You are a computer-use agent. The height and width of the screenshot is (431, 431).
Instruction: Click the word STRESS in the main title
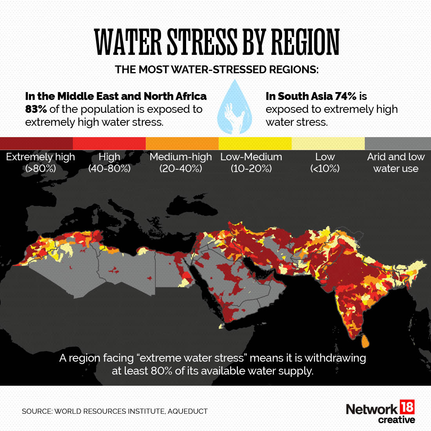coord(202,42)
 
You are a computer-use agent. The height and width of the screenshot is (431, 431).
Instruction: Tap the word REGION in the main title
coord(305,42)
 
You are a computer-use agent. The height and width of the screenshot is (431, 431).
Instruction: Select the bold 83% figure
coord(36,109)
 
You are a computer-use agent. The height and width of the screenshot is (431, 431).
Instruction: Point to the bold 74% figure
coord(346,96)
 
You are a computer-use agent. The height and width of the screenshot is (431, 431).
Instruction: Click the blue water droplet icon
coord(234,108)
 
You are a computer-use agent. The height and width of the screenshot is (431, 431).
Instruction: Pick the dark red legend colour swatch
coord(36,143)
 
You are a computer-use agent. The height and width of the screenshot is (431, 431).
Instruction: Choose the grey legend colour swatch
coord(397,143)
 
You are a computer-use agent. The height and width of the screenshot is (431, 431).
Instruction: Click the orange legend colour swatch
coord(182,143)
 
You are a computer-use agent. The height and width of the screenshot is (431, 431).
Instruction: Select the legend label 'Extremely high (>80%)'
coord(40,163)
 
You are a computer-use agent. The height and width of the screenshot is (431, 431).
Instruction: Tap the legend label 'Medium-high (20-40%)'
coord(181,163)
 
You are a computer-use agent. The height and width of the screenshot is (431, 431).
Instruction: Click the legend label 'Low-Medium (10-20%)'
coord(251,163)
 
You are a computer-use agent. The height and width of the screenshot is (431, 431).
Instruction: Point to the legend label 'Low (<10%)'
coord(325,163)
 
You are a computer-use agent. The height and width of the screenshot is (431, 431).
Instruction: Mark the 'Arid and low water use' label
coord(396,163)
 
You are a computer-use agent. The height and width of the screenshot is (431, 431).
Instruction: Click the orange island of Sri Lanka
coord(365,341)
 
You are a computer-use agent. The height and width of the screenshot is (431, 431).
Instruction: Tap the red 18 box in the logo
coord(407,407)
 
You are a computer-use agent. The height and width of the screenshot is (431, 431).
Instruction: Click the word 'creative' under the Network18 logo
coord(396,420)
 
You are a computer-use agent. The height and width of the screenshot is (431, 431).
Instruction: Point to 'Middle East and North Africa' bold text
coord(132,96)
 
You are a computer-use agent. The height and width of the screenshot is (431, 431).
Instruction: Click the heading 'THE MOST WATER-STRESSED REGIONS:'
coord(217,70)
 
